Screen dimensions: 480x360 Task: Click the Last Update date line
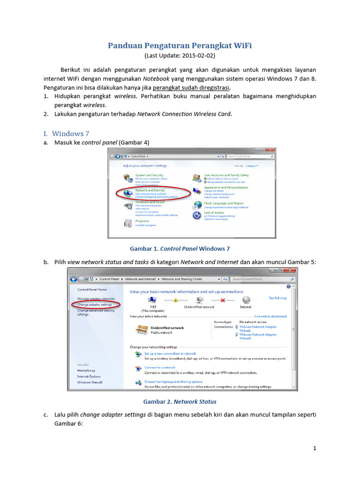(180, 55)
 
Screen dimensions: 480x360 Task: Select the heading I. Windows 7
(70, 134)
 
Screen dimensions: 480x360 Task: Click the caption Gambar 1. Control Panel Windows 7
(180, 248)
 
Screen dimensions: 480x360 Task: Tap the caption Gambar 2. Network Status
(180, 402)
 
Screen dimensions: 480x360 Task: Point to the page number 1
(315, 448)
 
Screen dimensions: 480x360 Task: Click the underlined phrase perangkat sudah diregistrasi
(191, 88)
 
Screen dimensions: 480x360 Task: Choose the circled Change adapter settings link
(95, 305)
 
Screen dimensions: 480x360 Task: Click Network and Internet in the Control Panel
(150, 190)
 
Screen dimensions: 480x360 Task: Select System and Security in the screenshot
(149, 175)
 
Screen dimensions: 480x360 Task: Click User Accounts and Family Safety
(226, 175)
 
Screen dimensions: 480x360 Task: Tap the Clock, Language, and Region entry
(224, 203)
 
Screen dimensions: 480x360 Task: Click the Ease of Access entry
(214, 212)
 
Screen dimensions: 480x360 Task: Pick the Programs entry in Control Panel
(142, 221)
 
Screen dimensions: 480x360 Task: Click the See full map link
(277, 298)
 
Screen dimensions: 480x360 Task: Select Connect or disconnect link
(270, 316)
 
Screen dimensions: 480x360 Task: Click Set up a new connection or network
(170, 353)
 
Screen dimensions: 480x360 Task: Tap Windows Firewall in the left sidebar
(90, 382)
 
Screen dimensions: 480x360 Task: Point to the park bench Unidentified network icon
(142, 330)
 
